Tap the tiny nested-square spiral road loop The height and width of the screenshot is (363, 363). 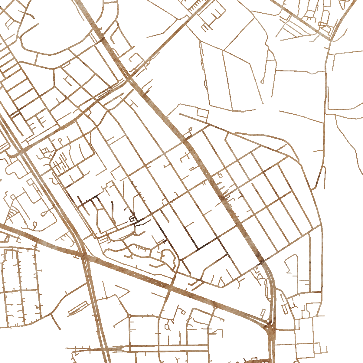[132, 218]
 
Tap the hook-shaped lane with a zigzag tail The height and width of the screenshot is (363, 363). [290, 263]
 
